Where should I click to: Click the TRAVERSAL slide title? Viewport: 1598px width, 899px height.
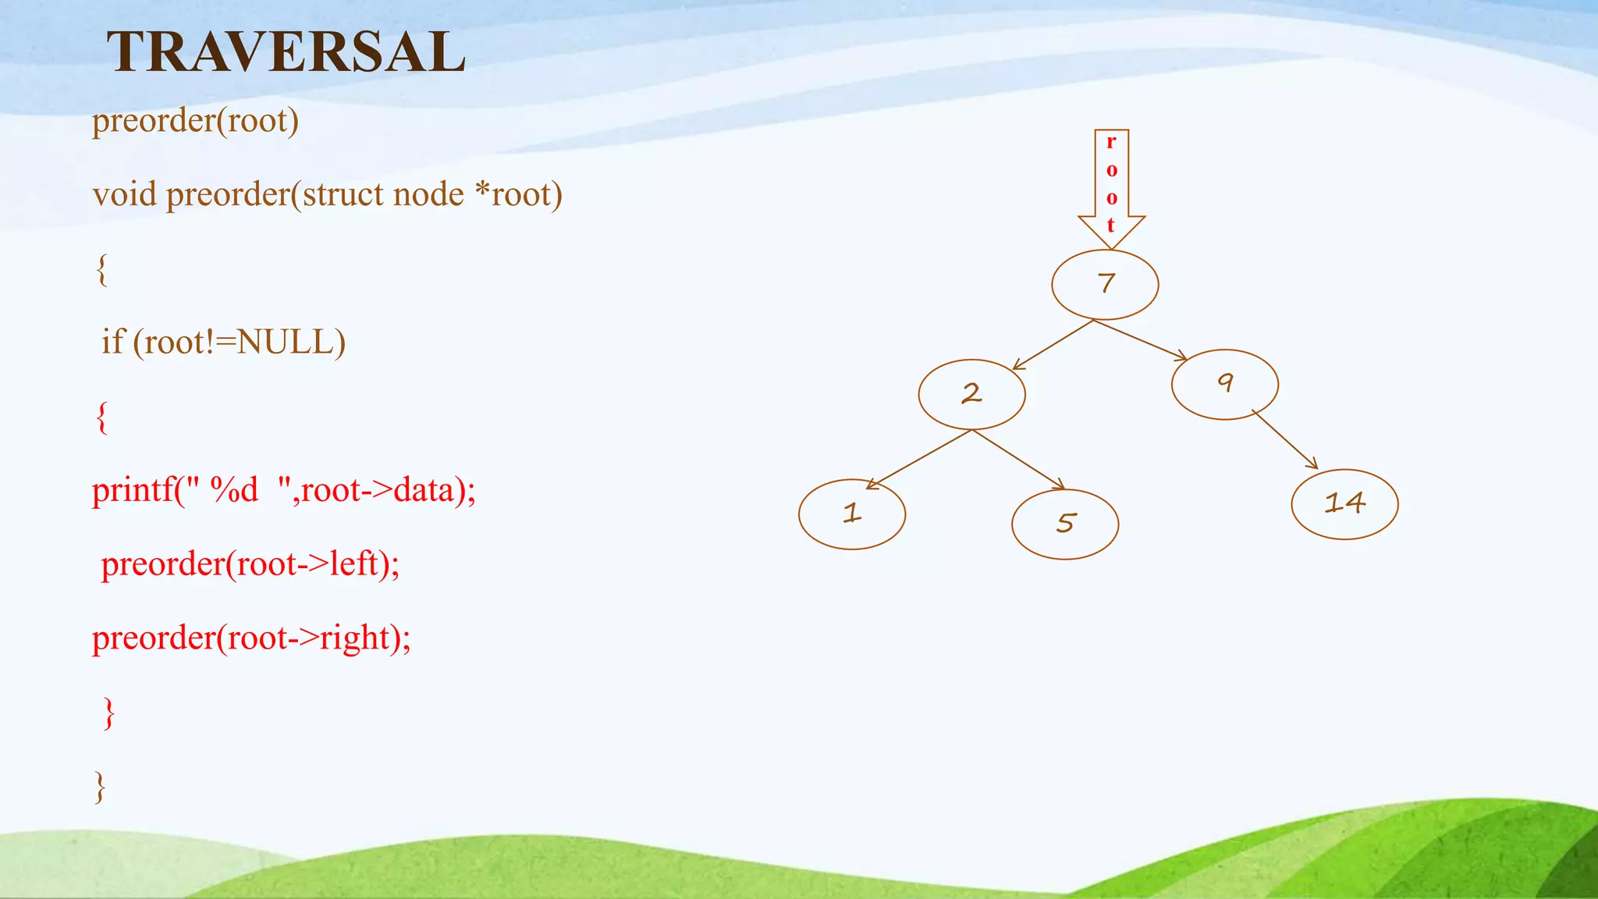pyautogui.click(x=286, y=52)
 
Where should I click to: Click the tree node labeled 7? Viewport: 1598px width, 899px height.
pyautogui.click(x=1105, y=284)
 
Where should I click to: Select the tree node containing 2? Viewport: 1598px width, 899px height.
pyautogui.click(x=971, y=394)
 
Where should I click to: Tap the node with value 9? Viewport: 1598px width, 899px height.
pyautogui.click(x=1224, y=384)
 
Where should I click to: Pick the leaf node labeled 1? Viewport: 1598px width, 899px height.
pyautogui.click(x=851, y=514)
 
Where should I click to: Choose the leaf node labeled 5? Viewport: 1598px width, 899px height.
pyautogui.click(x=1064, y=524)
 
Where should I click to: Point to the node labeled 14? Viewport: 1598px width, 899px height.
pyautogui.click(x=1344, y=504)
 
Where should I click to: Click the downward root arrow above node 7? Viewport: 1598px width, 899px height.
pyautogui.click(x=1111, y=187)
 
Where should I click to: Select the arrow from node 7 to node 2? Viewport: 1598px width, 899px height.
pyautogui.click(x=1053, y=344)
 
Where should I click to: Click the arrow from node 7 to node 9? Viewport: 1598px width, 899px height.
pyautogui.click(x=1139, y=339)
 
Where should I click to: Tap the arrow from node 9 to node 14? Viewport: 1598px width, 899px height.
pyautogui.click(x=1285, y=439)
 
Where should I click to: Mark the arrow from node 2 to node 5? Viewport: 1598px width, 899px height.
pyautogui.click(x=1018, y=460)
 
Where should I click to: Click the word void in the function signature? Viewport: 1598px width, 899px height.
pyautogui.click(x=124, y=194)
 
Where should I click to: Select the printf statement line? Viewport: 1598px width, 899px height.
pyautogui.click(x=283, y=490)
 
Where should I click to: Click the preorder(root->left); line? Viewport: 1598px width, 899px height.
pyautogui.click(x=250, y=564)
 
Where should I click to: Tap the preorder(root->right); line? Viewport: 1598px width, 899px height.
pyautogui.click(x=251, y=638)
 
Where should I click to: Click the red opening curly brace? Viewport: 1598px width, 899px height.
pyautogui.click(x=101, y=418)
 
